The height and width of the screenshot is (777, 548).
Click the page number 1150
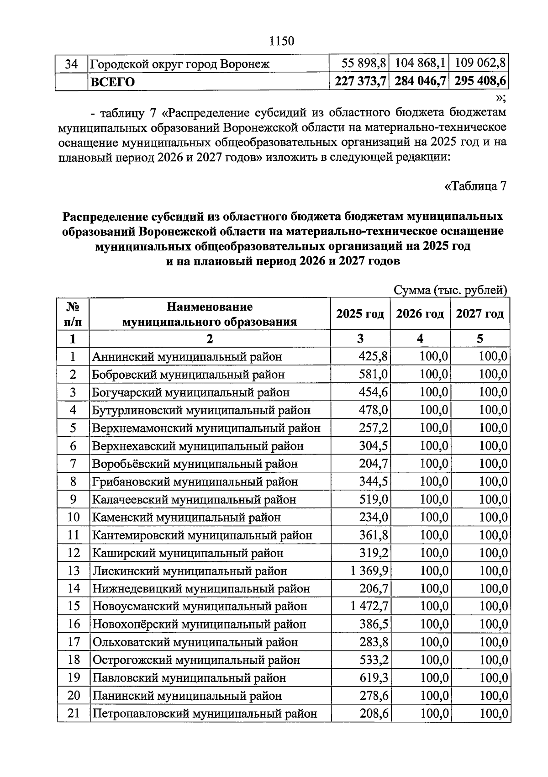[282, 41]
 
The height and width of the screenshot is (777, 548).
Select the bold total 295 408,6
[479, 81]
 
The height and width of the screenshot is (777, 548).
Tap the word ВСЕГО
[113, 82]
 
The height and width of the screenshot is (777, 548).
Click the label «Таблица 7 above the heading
[475, 186]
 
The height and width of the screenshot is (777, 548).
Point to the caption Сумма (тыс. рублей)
[450, 290]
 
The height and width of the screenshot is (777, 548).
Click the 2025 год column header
[360, 314]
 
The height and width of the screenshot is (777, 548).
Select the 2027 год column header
[479, 314]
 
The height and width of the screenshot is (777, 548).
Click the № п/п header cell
[73, 314]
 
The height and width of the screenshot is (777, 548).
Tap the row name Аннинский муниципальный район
[187, 356]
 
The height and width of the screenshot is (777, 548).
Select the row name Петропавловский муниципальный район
[205, 714]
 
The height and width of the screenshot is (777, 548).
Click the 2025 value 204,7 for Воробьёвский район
[374, 464]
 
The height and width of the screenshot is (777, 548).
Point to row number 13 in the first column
[73, 571]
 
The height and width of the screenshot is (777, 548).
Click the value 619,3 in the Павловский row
[374, 678]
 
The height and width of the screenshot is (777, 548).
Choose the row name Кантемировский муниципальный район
[202, 535]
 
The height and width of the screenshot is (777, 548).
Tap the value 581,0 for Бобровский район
[374, 375]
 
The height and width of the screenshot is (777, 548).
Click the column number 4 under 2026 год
[420, 338]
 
